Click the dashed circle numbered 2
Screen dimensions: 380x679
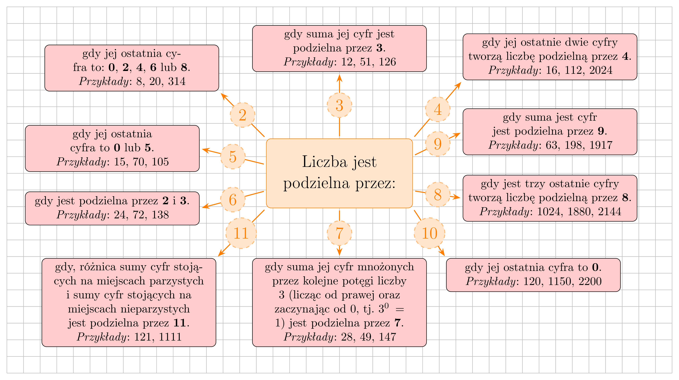coord(243,115)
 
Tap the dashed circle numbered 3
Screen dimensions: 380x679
coord(339,105)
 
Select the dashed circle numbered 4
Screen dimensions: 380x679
coord(438,109)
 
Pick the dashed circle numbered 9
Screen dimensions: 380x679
coord(438,144)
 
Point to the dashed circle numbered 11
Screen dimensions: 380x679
coord(241,233)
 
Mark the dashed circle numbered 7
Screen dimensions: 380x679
coord(339,233)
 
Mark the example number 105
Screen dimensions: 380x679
coord(160,162)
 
